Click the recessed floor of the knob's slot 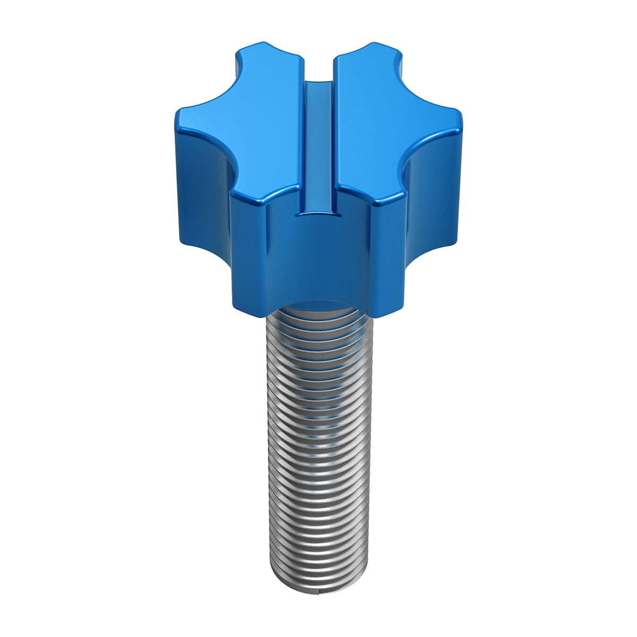point(318,143)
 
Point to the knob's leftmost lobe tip point(180,114)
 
